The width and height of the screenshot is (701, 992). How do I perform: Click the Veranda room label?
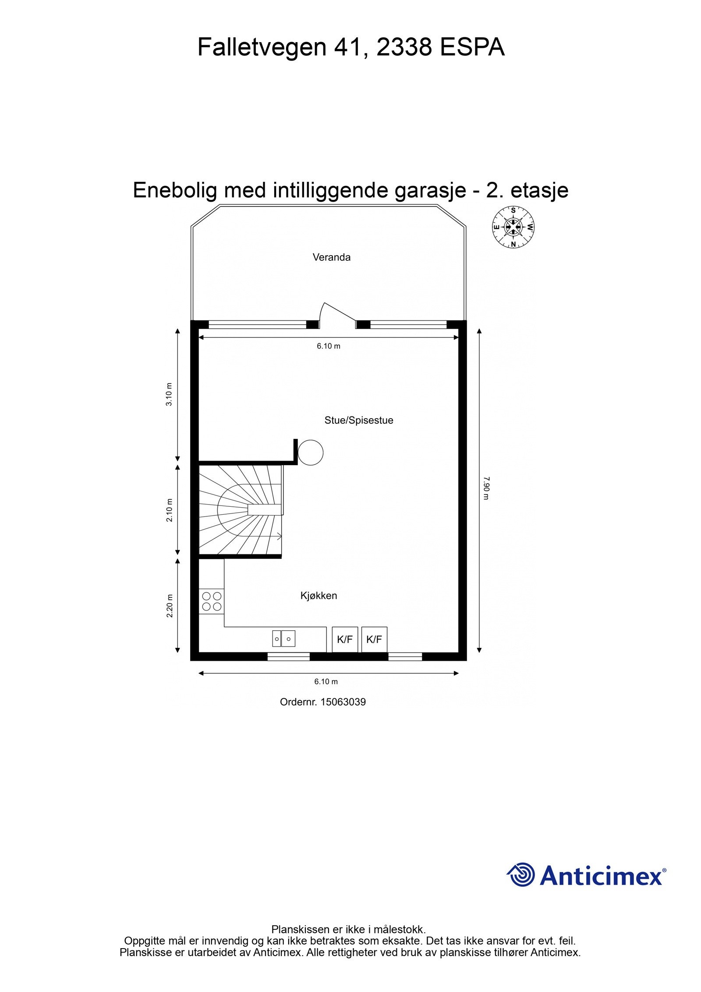click(331, 257)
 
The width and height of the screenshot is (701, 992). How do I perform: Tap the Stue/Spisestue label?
click(358, 420)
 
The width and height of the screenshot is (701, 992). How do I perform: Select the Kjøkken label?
click(319, 596)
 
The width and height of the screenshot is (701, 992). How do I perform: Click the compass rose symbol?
click(513, 227)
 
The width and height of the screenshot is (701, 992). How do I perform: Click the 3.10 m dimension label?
click(170, 395)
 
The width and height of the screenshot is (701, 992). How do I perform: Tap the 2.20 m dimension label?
click(170, 605)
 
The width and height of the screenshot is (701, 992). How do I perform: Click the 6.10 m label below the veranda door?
click(329, 346)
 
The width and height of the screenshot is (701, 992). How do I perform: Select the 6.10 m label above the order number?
click(326, 682)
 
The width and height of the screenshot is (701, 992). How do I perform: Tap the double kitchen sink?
click(283, 639)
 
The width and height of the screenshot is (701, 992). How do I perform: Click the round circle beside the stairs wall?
click(311, 452)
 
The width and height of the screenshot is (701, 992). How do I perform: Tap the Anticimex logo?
click(587, 875)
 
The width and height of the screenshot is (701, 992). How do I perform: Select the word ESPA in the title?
click(472, 47)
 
